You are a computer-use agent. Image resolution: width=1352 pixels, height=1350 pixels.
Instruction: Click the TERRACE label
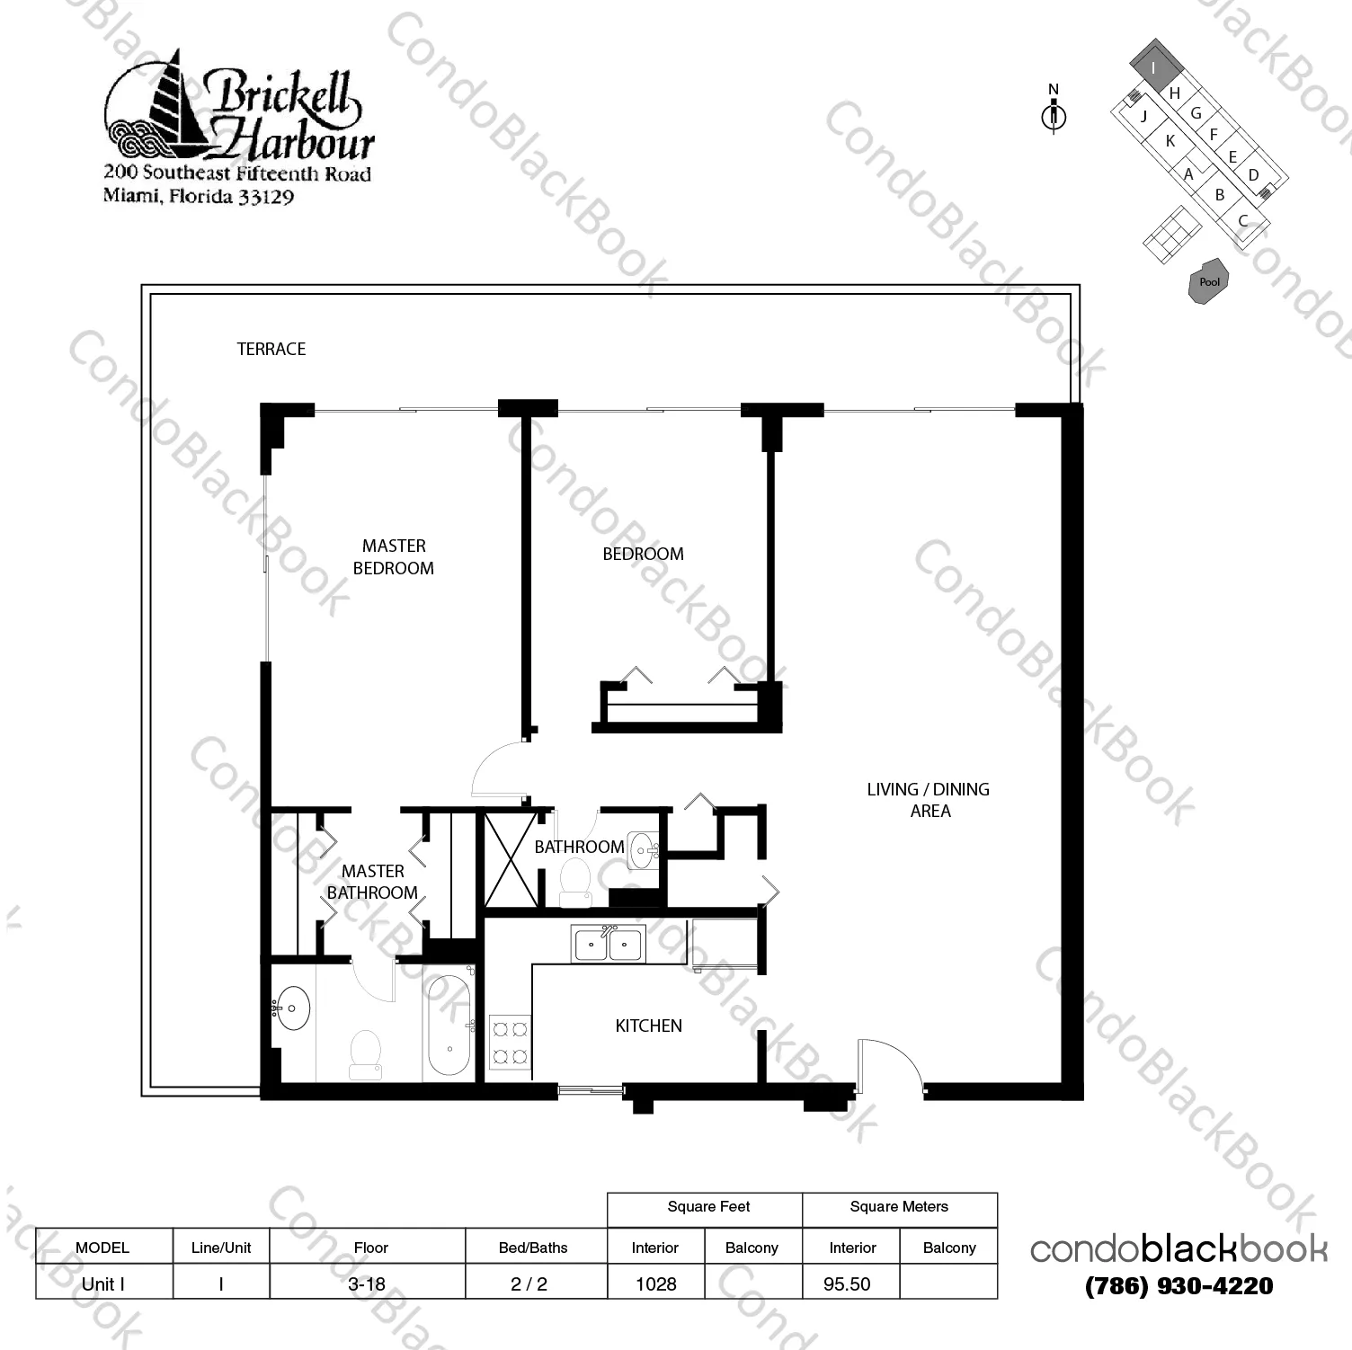click(271, 349)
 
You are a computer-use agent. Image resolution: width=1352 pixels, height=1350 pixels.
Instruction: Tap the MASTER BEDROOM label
click(394, 556)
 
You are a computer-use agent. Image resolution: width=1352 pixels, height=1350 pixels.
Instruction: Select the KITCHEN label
click(648, 1026)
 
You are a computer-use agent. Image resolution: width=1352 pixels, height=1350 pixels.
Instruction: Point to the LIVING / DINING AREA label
click(929, 800)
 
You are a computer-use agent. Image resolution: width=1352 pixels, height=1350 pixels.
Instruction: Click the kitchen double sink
click(608, 944)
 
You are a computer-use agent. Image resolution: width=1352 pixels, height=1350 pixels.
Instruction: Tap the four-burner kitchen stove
click(510, 1042)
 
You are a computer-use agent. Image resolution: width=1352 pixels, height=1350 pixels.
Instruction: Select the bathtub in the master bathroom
click(449, 1026)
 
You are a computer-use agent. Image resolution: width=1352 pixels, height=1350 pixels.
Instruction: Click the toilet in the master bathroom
click(366, 1054)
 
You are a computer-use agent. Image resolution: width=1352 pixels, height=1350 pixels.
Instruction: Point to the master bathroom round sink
click(291, 1008)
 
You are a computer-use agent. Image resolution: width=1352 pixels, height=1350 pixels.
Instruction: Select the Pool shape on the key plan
click(1209, 282)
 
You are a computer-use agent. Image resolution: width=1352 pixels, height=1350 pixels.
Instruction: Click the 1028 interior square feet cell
click(656, 1283)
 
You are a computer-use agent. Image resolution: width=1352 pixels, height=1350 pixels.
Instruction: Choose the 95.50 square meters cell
click(847, 1283)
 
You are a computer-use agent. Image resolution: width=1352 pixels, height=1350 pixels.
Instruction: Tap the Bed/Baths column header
click(533, 1248)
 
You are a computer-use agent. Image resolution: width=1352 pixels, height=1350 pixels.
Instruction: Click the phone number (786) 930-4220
click(1179, 1286)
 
